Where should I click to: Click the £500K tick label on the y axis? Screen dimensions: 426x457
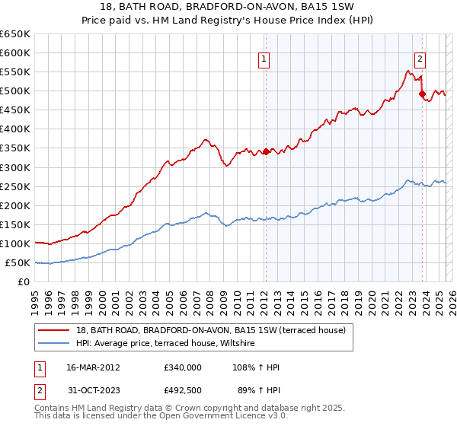15,91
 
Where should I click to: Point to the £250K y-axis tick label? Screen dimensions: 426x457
15,186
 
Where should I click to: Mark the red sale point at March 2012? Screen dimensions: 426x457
266,152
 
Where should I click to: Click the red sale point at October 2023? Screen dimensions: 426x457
422,94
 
